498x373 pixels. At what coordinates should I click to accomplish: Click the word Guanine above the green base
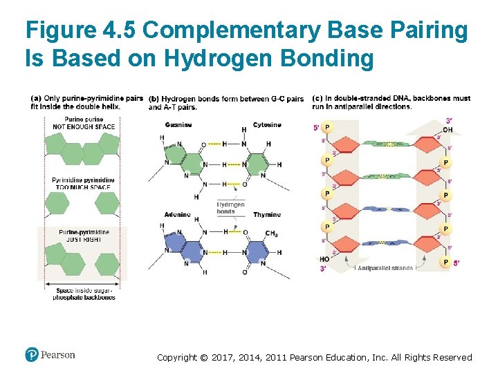point(178,125)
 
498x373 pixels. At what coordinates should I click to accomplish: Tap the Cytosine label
point(267,125)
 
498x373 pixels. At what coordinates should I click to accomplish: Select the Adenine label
point(178,215)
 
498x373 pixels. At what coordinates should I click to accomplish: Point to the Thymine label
point(267,215)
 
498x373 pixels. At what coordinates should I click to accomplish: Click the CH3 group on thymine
point(271,234)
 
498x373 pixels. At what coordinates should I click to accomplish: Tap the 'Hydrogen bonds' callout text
point(230,208)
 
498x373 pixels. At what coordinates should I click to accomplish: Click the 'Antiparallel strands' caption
point(385,268)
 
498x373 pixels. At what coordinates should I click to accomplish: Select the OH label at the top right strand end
point(448,130)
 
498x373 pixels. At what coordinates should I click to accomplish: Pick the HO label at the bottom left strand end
point(324,260)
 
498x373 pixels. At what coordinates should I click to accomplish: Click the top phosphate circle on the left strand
point(327,127)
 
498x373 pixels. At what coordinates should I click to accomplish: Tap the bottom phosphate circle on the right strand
point(445,262)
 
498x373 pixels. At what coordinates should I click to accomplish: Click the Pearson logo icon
point(32,355)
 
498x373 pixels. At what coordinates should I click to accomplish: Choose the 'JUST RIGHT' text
point(84,239)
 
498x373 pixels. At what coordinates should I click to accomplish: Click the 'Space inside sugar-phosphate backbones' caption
point(84,294)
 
